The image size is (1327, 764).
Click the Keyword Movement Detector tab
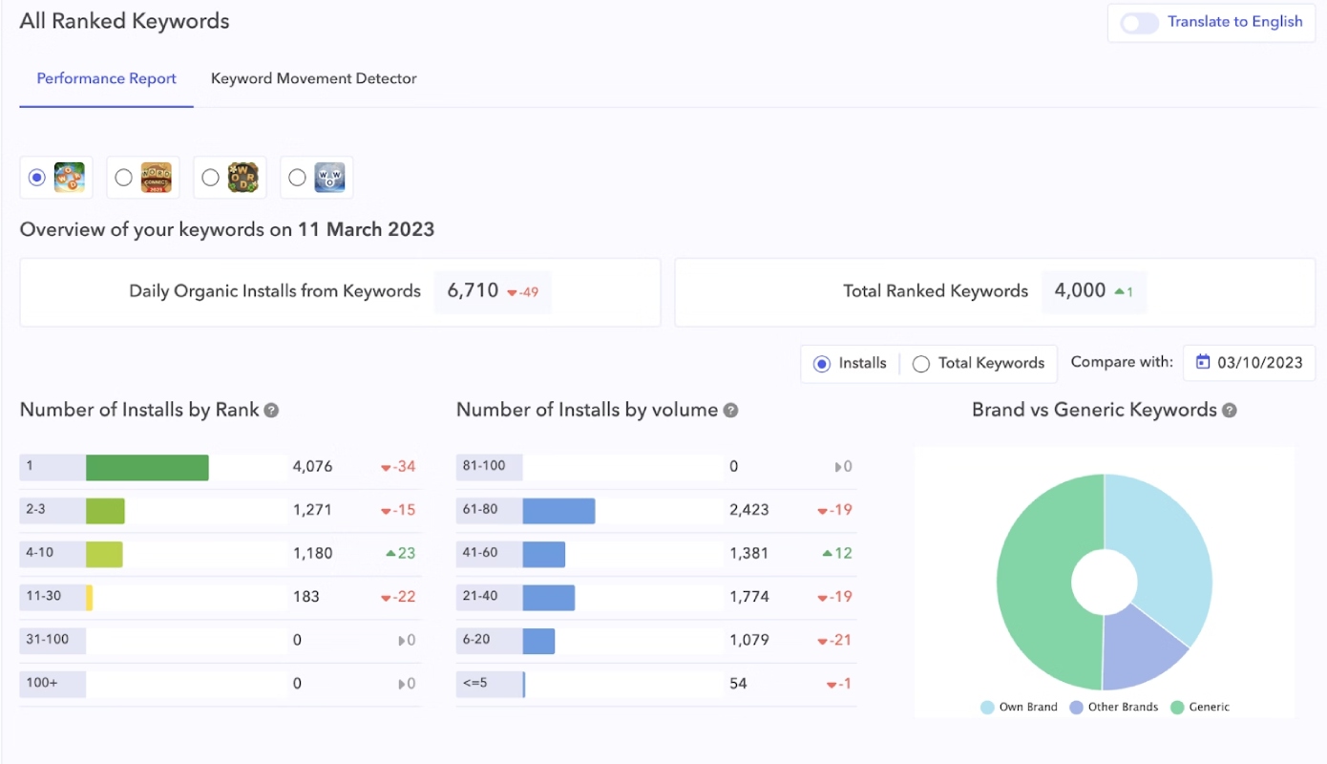pyautogui.click(x=313, y=78)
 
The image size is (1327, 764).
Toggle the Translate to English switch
pyautogui.click(x=1139, y=23)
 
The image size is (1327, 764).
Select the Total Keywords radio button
pyautogui.click(x=920, y=363)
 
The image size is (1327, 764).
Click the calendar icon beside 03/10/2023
pyautogui.click(x=1202, y=362)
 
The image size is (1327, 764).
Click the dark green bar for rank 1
pyautogui.click(x=147, y=467)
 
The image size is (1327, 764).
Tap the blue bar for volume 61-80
pyautogui.click(x=558, y=510)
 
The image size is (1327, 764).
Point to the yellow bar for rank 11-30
pyautogui.click(x=90, y=597)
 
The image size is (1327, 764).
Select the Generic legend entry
pyautogui.click(x=1200, y=707)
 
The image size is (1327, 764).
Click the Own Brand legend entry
pyautogui.click(x=1019, y=707)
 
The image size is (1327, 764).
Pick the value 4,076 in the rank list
pyautogui.click(x=312, y=466)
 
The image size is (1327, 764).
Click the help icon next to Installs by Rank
pyautogui.click(x=271, y=410)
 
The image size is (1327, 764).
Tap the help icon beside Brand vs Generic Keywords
pyautogui.click(x=1230, y=410)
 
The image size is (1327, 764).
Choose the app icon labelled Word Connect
pyautogui.click(x=156, y=178)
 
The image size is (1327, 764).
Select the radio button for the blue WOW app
pyautogui.click(x=297, y=178)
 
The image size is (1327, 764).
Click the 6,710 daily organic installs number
pyautogui.click(x=473, y=290)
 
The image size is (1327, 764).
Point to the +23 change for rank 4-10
pyautogui.click(x=400, y=553)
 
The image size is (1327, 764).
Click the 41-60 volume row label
pyautogui.click(x=480, y=552)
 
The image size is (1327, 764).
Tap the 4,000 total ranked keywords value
pyautogui.click(x=1080, y=290)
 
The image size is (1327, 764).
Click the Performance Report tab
pyautogui.click(x=107, y=78)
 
